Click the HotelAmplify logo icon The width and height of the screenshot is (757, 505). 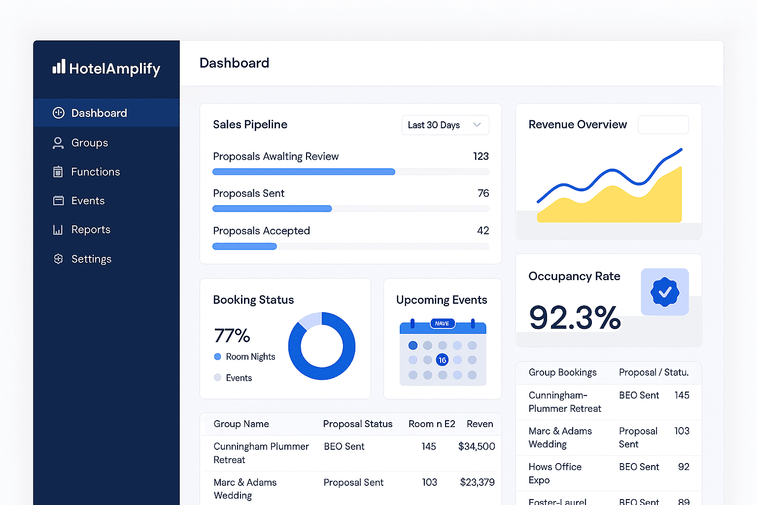[x=59, y=67]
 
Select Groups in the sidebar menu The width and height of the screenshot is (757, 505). [x=89, y=143]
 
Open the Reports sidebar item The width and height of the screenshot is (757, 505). [x=91, y=230]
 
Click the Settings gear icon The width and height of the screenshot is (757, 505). [x=58, y=259]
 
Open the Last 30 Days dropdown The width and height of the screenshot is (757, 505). [x=445, y=125]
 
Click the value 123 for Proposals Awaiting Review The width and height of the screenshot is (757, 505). [x=481, y=156]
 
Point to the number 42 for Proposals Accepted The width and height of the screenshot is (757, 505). [x=483, y=231]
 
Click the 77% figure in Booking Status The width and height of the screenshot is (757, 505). [x=232, y=336]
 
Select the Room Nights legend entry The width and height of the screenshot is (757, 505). [x=250, y=357]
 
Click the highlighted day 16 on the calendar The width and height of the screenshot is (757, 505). [x=442, y=360]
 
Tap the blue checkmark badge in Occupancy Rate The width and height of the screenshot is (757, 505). [x=664, y=292]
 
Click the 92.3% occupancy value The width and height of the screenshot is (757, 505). [x=574, y=318]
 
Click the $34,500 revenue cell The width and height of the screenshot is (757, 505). [x=476, y=446]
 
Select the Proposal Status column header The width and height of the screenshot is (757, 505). [x=357, y=424]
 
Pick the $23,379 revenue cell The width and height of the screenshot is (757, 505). [x=477, y=482]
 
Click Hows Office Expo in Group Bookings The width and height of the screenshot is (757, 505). [x=554, y=473]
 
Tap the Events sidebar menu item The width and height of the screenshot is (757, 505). [x=88, y=201]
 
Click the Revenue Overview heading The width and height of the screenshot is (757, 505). [x=578, y=125]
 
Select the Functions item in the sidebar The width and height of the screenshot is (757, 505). [x=95, y=172]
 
